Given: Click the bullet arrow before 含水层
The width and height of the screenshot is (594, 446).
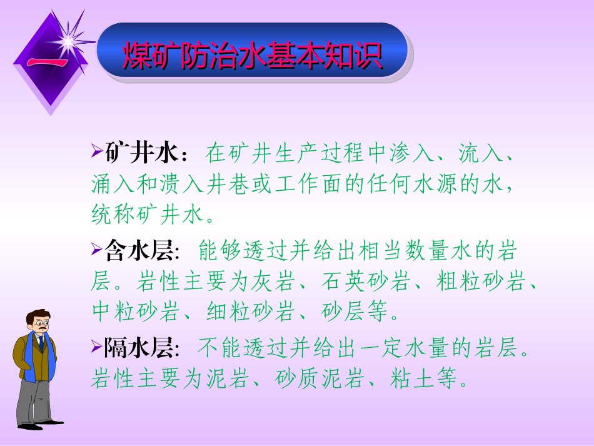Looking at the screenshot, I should click(x=96, y=250).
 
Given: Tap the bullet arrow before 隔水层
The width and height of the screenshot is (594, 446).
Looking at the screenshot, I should click(x=96, y=347).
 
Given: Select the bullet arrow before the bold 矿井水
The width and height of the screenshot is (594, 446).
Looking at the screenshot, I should click(x=96, y=153).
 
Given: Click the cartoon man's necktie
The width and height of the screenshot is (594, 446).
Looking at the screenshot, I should click(x=41, y=343).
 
